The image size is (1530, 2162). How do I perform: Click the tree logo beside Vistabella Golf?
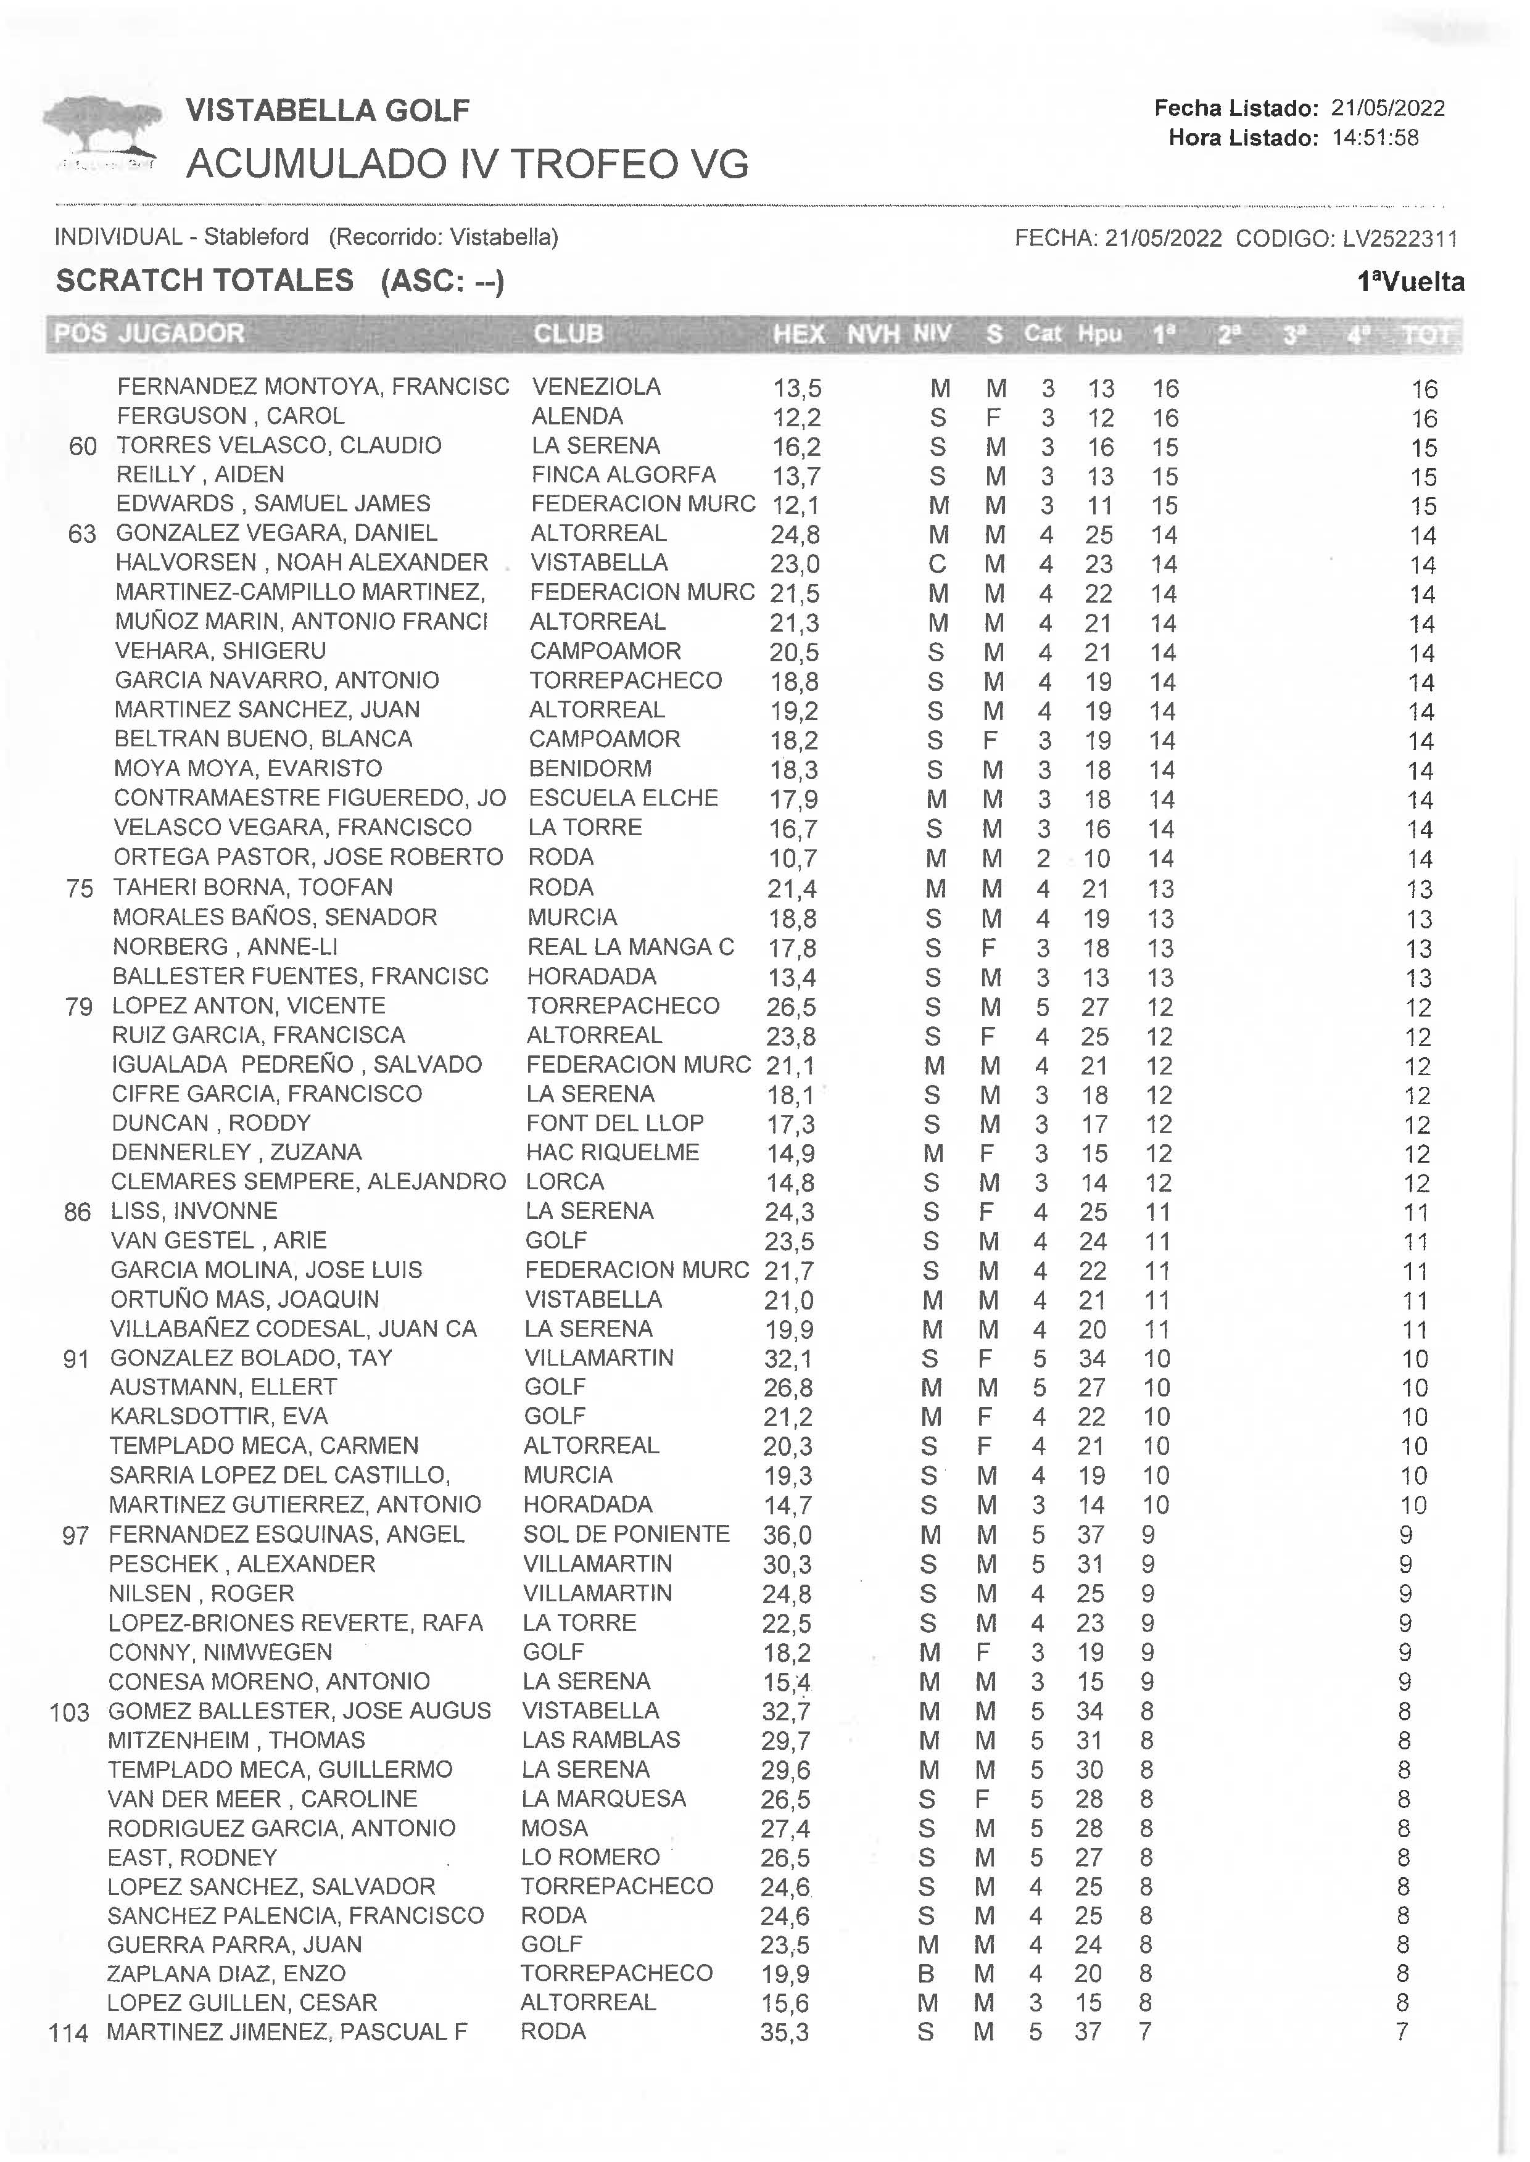tap(101, 132)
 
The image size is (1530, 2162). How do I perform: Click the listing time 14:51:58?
tap(1375, 138)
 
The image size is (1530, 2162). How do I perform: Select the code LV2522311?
tap(1399, 238)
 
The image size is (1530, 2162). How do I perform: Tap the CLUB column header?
tap(568, 334)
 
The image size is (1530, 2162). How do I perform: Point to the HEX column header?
tap(798, 334)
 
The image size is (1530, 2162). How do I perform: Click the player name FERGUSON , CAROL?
tap(230, 416)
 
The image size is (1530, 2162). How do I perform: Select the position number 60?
tap(83, 447)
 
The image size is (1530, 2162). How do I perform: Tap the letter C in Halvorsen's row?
tap(937, 564)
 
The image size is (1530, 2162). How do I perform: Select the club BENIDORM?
tap(590, 769)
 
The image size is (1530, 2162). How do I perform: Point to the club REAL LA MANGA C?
tap(631, 947)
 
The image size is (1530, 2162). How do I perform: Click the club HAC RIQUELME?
tap(613, 1152)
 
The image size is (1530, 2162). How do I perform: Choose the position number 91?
tap(76, 1360)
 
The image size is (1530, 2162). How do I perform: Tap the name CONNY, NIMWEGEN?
tap(220, 1652)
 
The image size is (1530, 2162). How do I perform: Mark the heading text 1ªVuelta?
tap(1410, 282)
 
